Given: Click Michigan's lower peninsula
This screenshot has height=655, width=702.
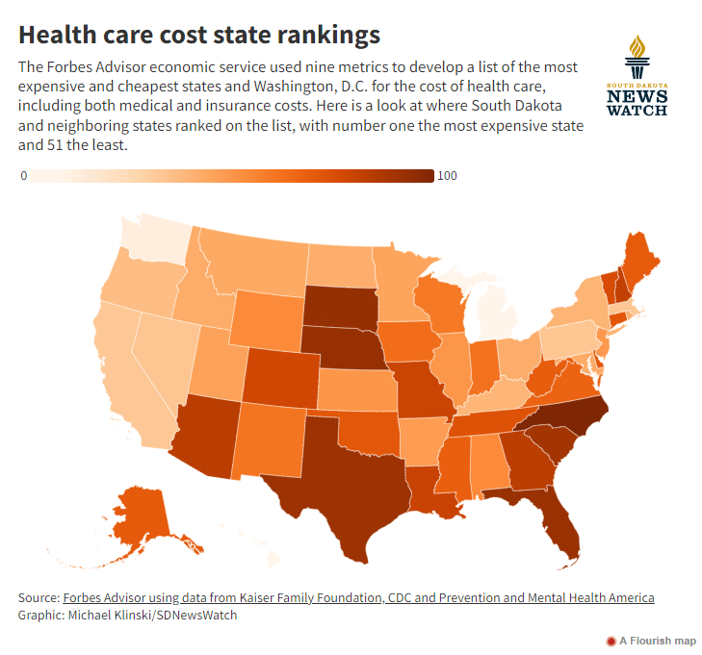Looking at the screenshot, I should [496, 313].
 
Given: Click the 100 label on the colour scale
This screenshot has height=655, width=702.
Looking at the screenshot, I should [447, 176].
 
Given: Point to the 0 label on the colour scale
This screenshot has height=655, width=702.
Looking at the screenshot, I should [23, 176].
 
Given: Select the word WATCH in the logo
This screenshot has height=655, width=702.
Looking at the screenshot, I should [637, 111].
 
